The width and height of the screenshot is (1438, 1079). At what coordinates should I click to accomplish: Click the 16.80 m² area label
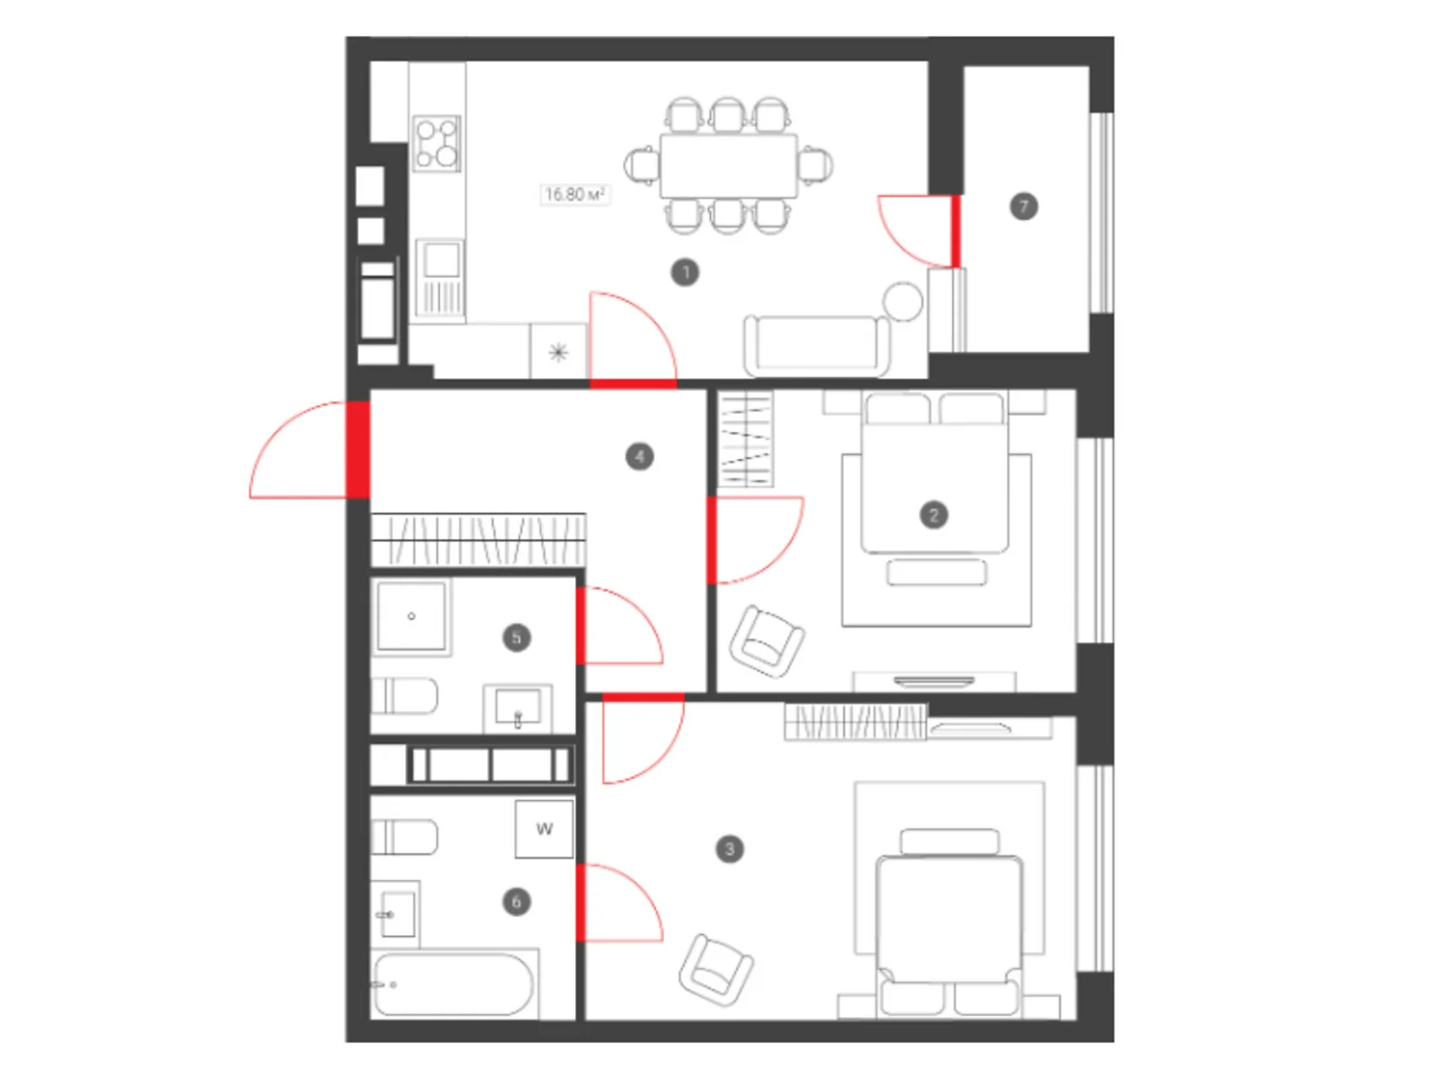pos(574,194)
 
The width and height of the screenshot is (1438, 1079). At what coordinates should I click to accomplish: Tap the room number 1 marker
pos(685,272)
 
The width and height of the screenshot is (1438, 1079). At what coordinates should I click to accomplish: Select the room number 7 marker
pos(1023,207)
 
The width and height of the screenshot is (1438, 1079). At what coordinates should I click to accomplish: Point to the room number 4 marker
pos(639,456)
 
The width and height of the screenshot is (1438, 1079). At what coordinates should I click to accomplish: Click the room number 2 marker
pos(933,515)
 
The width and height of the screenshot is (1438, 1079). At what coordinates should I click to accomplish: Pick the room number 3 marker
pos(729,849)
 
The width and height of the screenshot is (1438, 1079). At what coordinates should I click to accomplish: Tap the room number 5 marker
pos(516,637)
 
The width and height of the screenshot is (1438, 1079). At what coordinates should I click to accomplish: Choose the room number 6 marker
pos(516,902)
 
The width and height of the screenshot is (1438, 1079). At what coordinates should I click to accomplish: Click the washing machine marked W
pos(544,829)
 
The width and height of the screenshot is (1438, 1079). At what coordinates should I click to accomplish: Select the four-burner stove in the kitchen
pos(437,144)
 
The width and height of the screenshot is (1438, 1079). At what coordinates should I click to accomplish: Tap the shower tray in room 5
pos(412,616)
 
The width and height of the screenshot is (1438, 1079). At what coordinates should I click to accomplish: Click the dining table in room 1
pos(728,165)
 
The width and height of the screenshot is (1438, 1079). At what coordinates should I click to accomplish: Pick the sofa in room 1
pos(816,346)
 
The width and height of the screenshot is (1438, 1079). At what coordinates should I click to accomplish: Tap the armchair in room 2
pos(767,642)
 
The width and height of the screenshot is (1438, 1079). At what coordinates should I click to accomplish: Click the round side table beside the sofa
pos(902,301)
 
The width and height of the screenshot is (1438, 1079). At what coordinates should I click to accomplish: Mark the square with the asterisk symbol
pos(558,352)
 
